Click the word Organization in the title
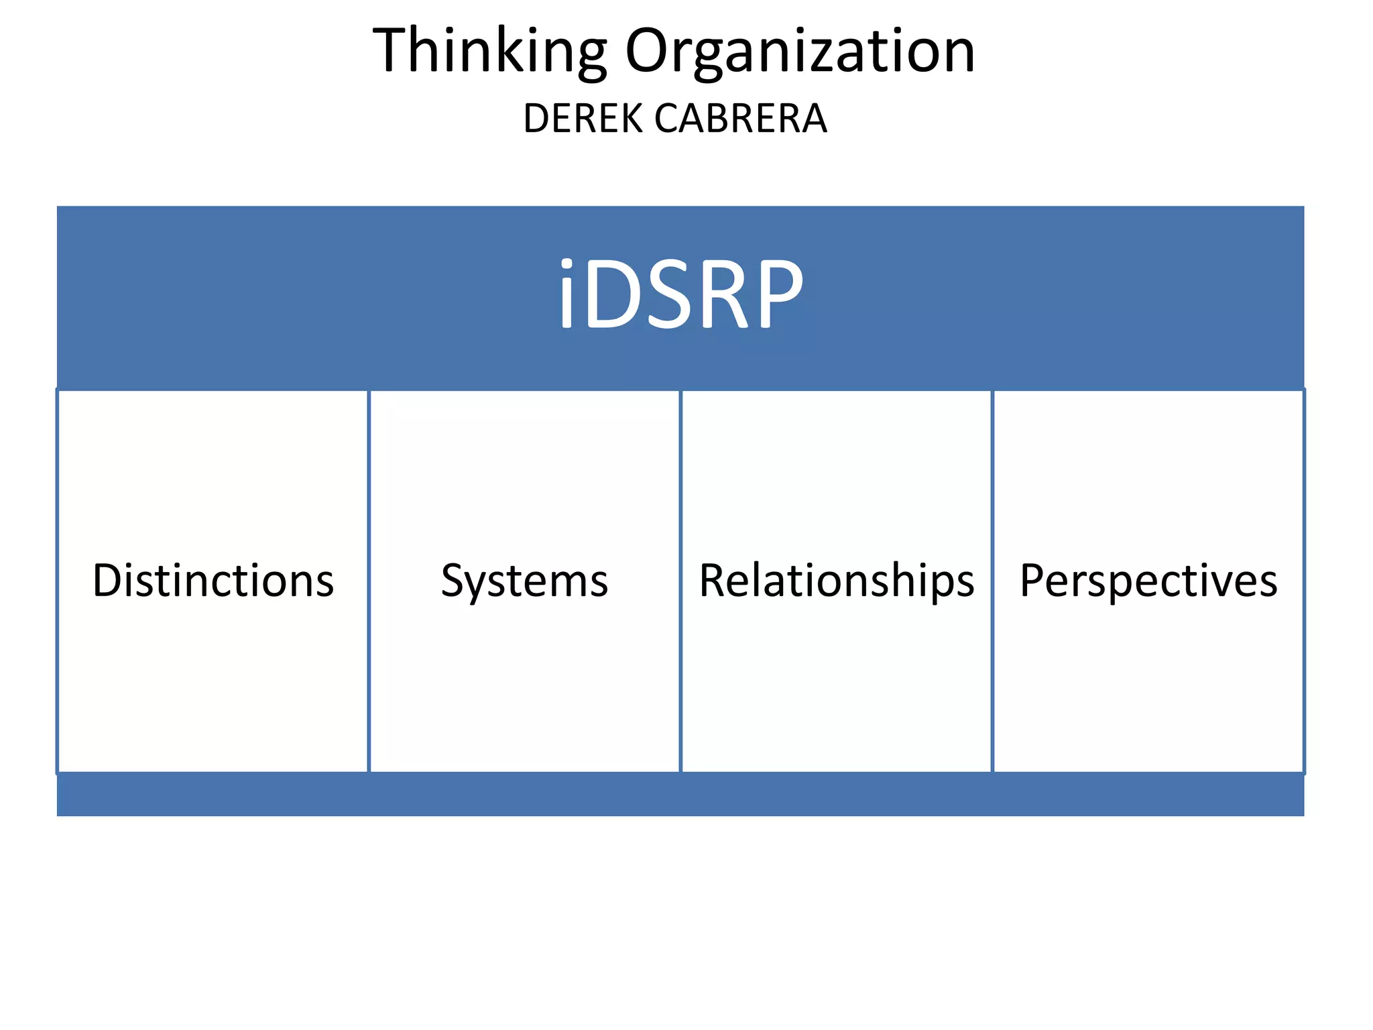click(x=800, y=52)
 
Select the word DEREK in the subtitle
click(x=583, y=119)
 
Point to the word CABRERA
click(x=741, y=119)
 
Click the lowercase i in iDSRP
click(x=566, y=295)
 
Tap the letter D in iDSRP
click(x=615, y=295)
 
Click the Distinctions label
click(x=213, y=581)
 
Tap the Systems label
click(x=524, y=581)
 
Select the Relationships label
click(x=836, y=581)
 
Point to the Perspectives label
click(x=1148, y=581)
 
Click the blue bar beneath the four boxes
click(x=680, y=795)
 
